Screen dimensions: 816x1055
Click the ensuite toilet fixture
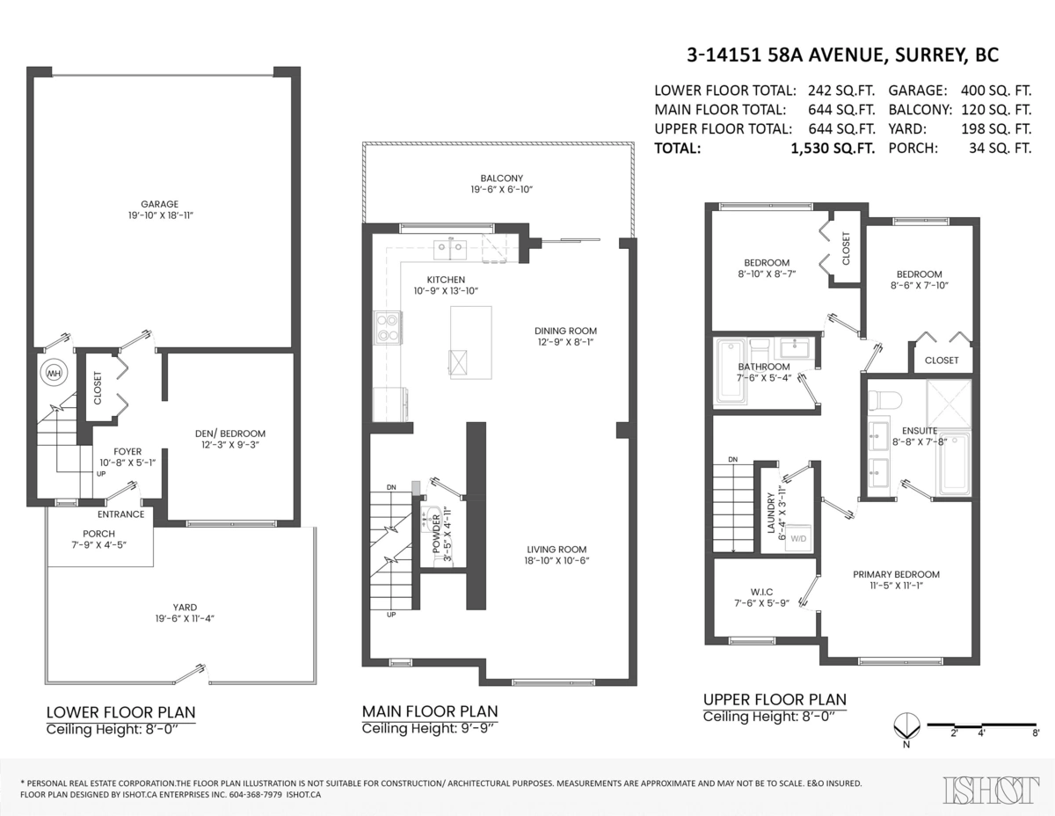pyautogui.click(x=882, y=399)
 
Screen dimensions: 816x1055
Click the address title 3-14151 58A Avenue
pyautogui.click(x=842, y=55)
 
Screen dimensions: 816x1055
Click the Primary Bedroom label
pyautogui.click(x=896, y=574)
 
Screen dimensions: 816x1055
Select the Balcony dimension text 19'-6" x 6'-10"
pyautogui.click(x=502, y=190)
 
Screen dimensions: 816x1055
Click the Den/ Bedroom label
pyautogui.click(x=229, y=433)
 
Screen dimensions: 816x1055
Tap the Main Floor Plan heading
pyautogui.click(x=430, y=711)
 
